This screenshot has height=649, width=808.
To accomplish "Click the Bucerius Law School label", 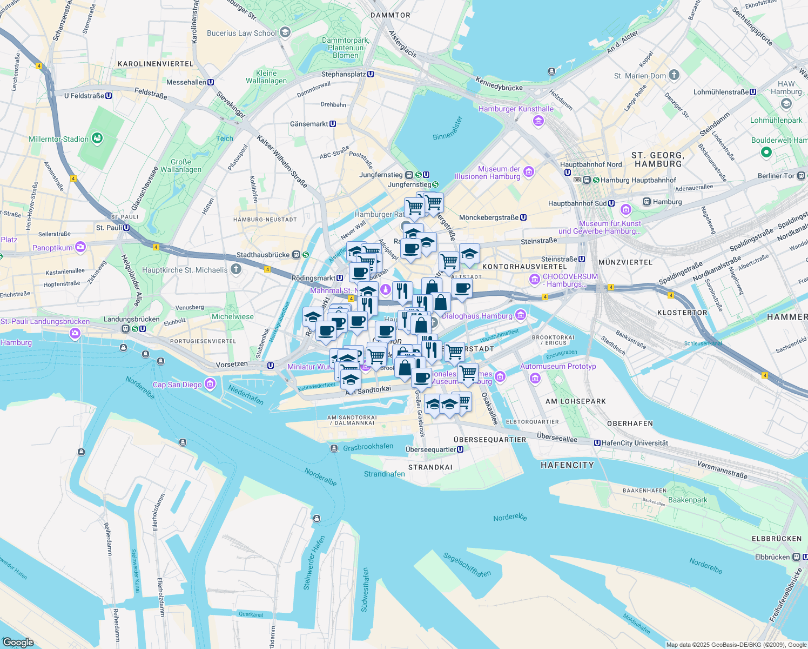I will pos(241,33).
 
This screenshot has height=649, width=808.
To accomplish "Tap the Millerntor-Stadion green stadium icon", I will pos(97,138).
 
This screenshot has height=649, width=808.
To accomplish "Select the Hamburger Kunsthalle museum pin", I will pos(538,120).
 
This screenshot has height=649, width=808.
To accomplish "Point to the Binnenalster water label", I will pos(448,129).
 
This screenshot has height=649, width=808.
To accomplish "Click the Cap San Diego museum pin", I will pos(210,385).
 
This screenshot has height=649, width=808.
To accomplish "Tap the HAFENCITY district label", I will pos(567,465).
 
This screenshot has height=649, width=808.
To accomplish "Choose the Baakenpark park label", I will pos(688,500).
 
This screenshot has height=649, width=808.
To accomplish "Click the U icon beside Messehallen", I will pos(211,82).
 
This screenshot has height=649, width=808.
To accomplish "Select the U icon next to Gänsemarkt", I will pos(333,124).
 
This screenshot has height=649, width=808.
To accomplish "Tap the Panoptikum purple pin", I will pos(80,247).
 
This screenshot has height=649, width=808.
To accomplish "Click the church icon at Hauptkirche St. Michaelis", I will pos(235,269).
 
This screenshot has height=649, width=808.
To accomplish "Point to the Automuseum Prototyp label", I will pos(558,366).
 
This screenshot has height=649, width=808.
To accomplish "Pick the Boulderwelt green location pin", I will pos(766,153).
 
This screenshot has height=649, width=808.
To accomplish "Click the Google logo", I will pos(18,643).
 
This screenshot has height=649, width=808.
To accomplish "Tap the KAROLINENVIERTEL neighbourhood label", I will pos(156,64).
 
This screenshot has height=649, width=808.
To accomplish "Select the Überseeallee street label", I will pos(557,438).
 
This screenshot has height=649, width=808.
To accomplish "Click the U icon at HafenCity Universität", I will pos(597,443).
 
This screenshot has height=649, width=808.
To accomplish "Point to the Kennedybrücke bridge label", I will pos(499,84).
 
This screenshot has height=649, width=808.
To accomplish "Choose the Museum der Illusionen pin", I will pos(529,172).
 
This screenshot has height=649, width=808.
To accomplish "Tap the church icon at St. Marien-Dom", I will pos(674,75).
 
